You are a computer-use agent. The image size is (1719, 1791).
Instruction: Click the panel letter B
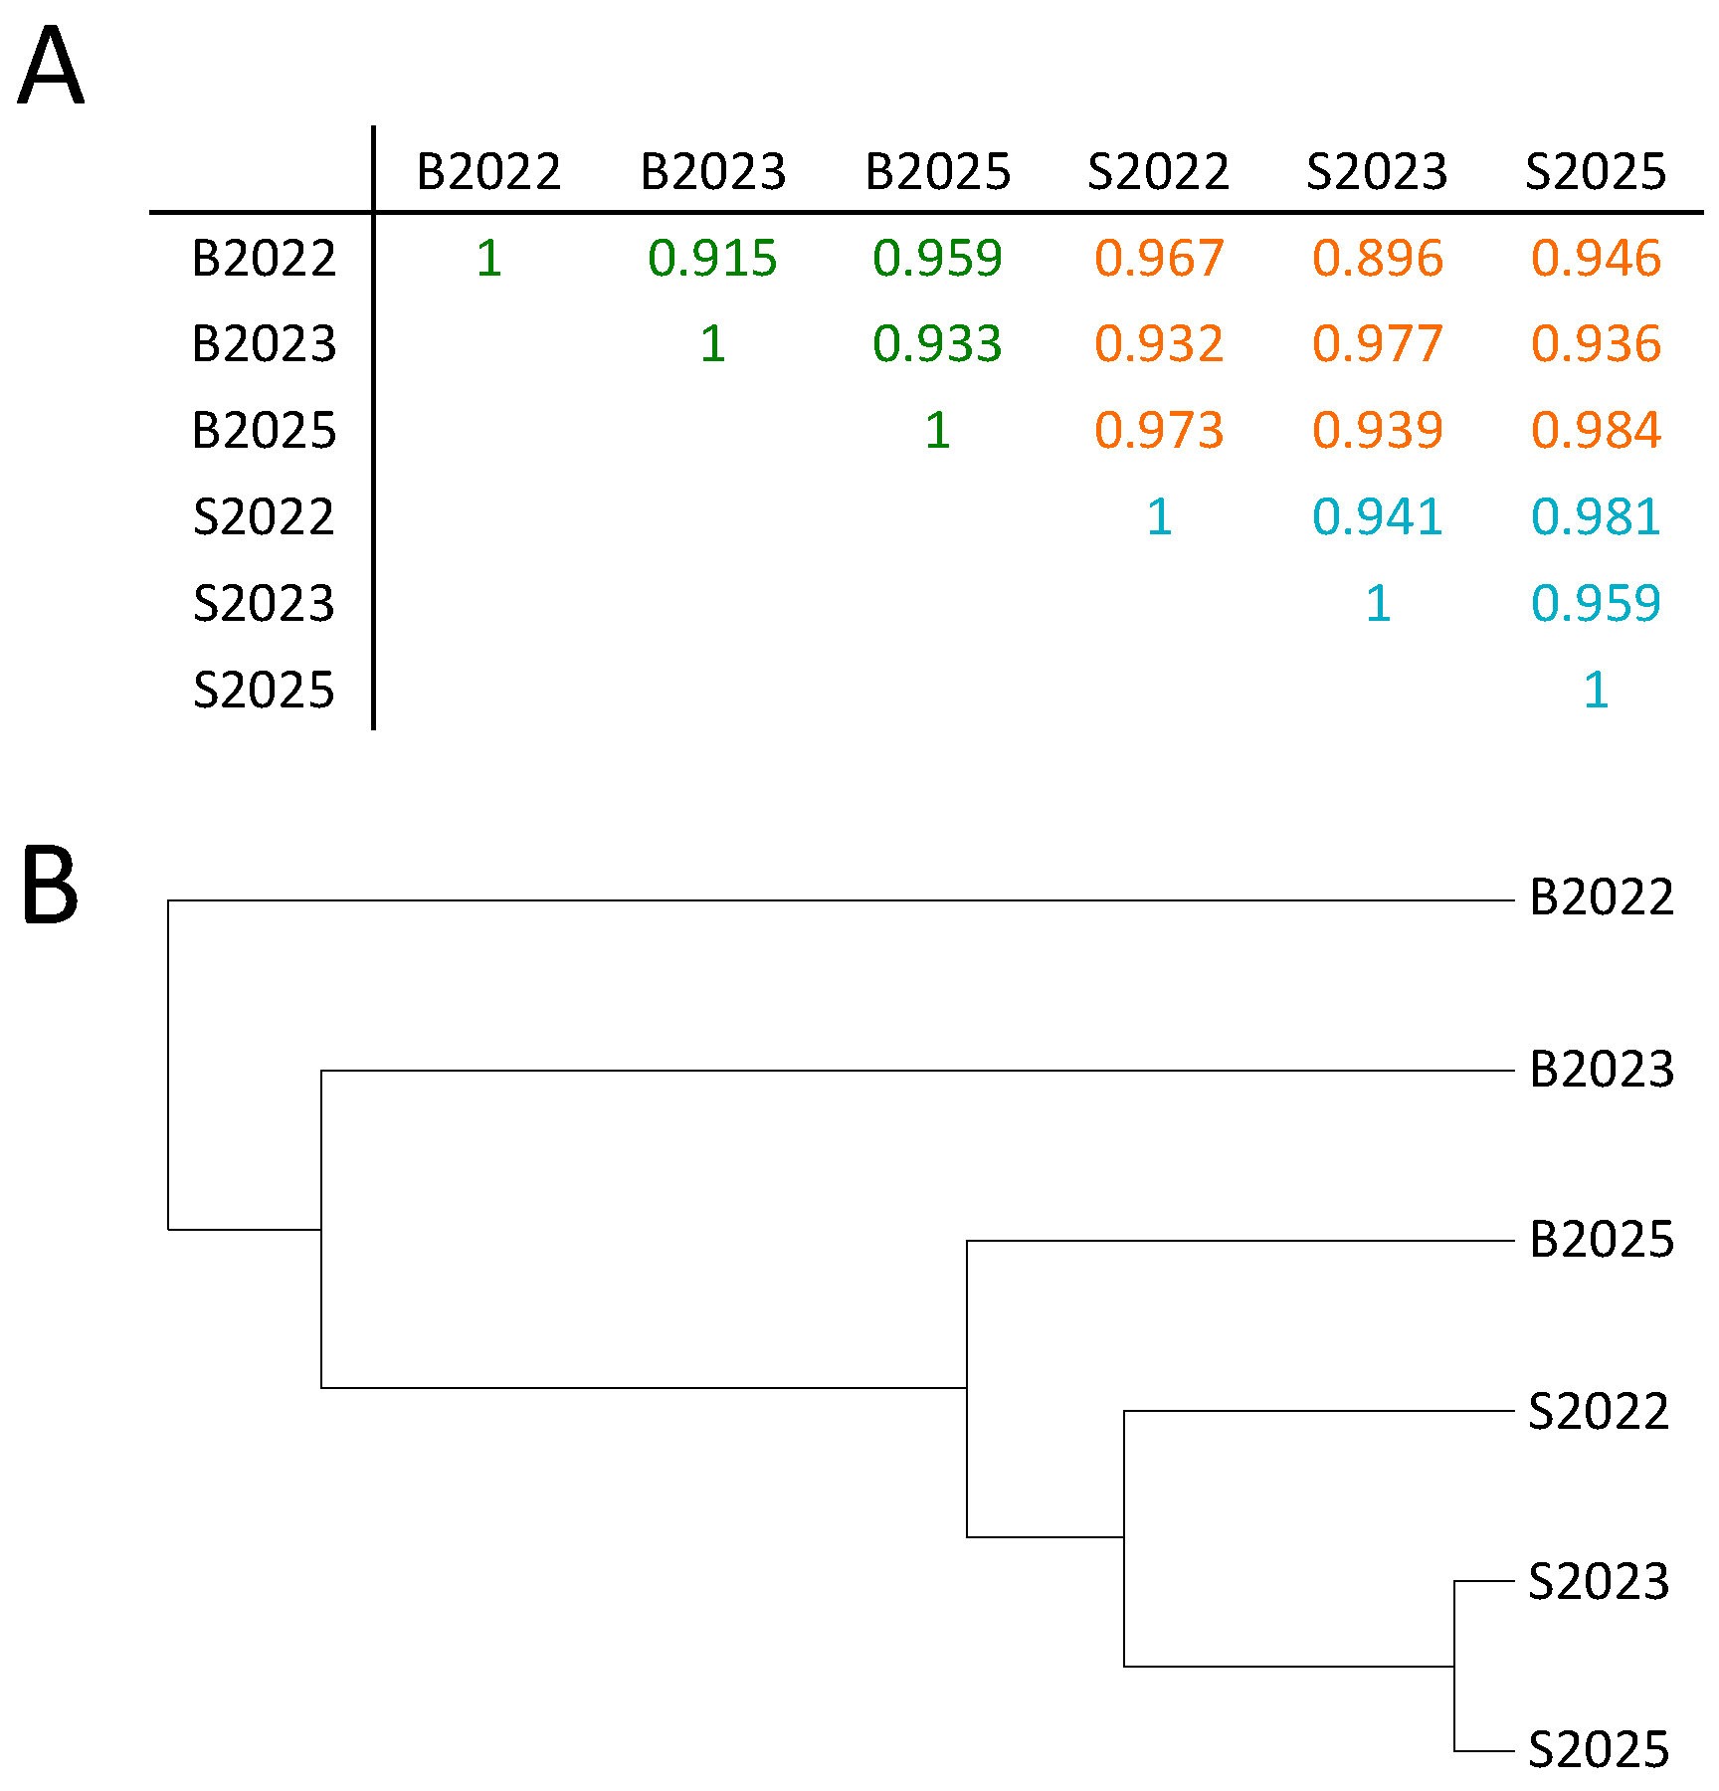49,885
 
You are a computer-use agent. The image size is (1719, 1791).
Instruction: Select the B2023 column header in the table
712,171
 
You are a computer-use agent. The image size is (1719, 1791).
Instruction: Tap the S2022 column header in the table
1158,171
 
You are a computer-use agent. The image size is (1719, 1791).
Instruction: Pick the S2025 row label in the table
264,690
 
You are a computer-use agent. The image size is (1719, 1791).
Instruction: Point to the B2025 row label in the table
264,430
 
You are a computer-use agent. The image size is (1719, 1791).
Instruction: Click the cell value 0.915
712,258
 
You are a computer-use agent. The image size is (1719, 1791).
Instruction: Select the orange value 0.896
1377,258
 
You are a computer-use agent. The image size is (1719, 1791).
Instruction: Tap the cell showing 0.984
1596,430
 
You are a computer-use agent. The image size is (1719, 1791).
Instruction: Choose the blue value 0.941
1377,516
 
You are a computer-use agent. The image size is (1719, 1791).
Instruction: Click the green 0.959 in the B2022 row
937,258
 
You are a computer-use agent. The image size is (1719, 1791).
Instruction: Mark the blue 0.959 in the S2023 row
1596,603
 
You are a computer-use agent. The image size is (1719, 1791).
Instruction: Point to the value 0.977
1377,343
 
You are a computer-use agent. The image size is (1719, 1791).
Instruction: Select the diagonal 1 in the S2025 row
1596,690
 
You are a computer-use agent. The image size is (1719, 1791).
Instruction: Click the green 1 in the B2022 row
488,258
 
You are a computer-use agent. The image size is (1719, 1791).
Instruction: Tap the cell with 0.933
937,343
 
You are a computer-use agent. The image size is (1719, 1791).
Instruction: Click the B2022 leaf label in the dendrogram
1602,897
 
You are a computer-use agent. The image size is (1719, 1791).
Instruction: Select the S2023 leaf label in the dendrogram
1599,1581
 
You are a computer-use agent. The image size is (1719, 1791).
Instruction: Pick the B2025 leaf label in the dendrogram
1602,1239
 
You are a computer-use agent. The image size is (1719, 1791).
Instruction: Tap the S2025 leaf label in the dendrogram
1599,1750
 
